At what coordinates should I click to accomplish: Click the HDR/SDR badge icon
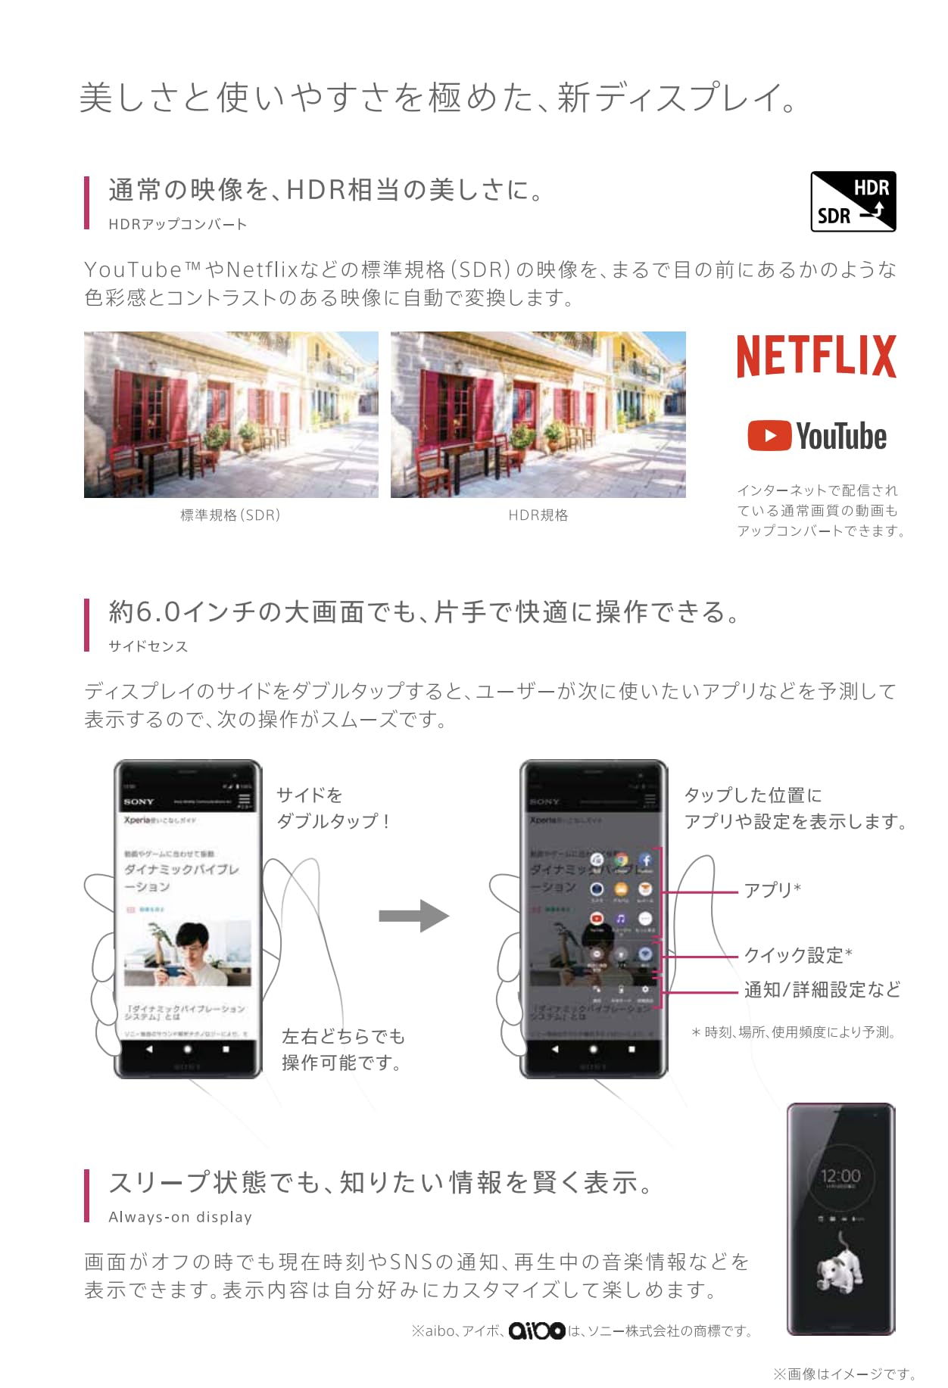click(x=853, y=201)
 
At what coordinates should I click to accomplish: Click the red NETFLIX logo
click(x=816, y=356)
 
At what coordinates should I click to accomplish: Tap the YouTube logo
click(x=817, y=437)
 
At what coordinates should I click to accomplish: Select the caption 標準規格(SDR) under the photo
click(x=230, y=515)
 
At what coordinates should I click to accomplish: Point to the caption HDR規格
click(x=538, y=515)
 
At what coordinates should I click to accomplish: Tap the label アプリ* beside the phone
click(x=772, y=890)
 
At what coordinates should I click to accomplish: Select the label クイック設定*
click(x=798, y=955)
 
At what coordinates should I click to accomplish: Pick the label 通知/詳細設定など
click(x=822, y=990)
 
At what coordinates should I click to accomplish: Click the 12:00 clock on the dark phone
click(x=840, y=1176)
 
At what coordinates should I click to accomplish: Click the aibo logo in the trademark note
click(x=537, y=1330)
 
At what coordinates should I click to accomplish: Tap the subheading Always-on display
click(x=180, y=1217)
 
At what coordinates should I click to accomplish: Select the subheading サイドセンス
click(x=148, y=646)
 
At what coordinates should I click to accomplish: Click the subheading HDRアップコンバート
click(x=177, y=224)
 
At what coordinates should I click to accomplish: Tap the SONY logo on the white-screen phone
click(x=139, y=801)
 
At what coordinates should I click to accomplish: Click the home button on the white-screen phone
click(x=188, y=1050)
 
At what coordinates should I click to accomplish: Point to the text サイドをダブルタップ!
click(x=333, y=808)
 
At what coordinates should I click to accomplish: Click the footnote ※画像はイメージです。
click(x=845, y=1374)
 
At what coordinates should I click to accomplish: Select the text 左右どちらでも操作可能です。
click(x=343, y=1050)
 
